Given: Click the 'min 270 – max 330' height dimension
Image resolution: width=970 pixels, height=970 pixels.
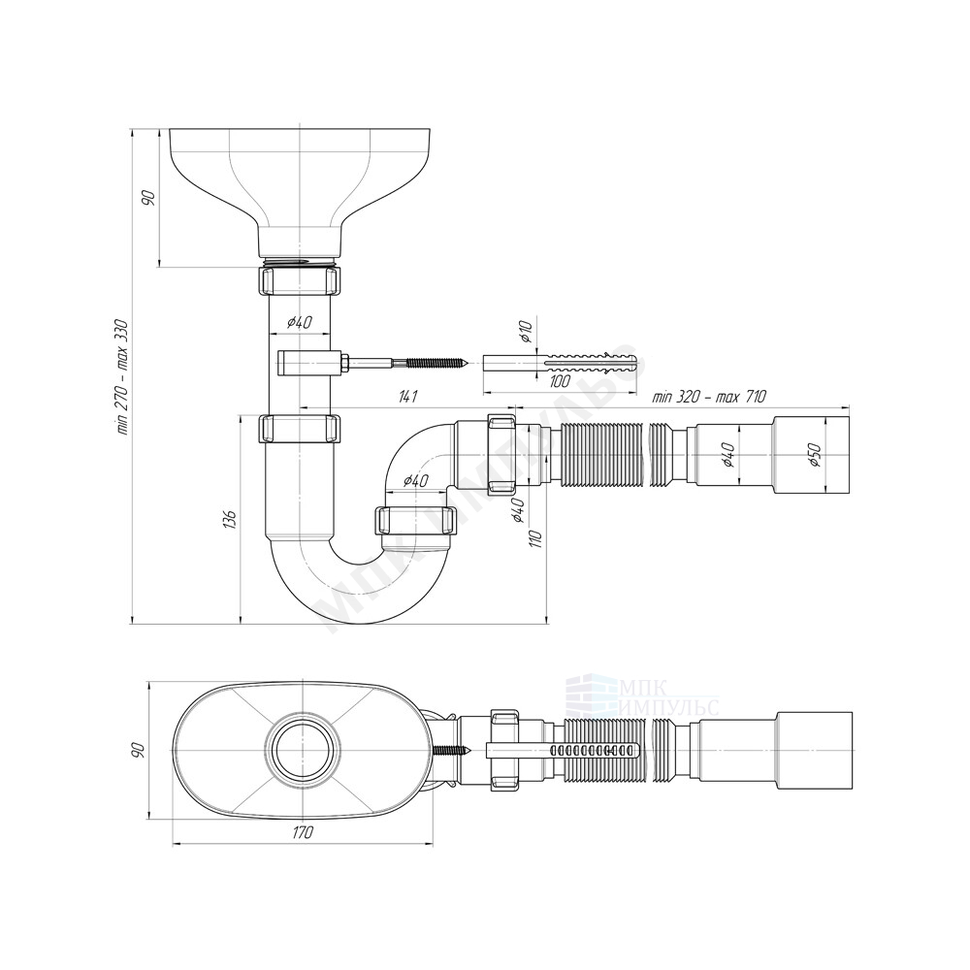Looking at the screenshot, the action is [x=124, y=376].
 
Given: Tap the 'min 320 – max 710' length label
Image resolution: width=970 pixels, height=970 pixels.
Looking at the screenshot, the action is [x=709, y=397].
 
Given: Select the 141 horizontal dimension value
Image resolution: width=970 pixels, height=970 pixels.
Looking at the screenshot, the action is [x=406, y=397].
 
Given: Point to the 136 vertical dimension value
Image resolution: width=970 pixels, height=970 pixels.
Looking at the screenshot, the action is [x=230, y=520].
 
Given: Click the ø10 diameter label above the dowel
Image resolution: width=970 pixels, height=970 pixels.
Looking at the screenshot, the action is [x=525, y=331].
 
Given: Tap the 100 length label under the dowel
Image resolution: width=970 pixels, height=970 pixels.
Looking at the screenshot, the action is [x=561, y=381].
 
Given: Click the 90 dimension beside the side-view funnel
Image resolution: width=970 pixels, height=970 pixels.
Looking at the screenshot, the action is [x=147, y=198].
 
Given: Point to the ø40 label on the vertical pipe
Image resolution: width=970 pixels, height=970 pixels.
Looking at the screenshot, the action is [x=300, y=322].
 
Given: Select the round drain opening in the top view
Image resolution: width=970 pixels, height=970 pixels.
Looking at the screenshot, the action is [x=303, y=750].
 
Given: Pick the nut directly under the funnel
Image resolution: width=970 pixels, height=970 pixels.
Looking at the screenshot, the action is [x=300, y=280].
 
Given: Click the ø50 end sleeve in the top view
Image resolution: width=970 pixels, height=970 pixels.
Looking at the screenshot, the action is [x=816, y=750].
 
